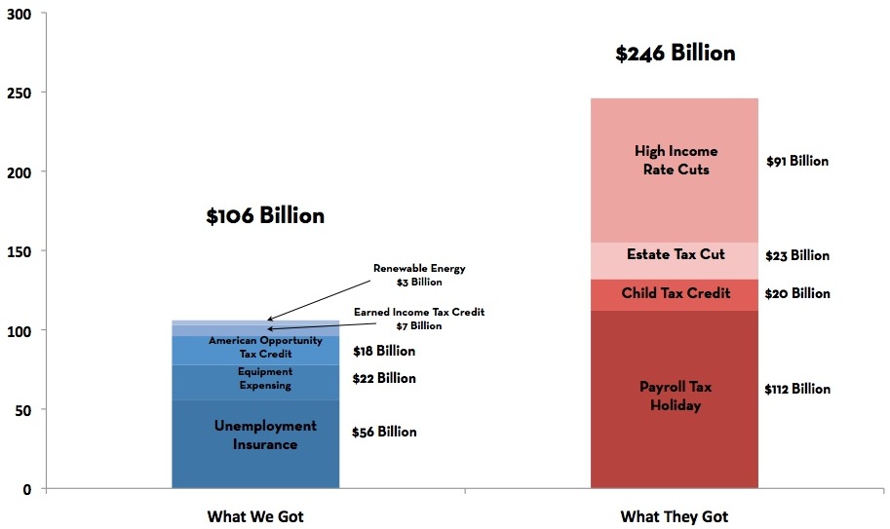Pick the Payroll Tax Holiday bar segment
[675, 396]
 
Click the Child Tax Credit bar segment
[675, 293]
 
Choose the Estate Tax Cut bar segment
[675, 255]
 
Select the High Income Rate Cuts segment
[675, 161]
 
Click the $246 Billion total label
[675, 54]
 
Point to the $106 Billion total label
[265, 216]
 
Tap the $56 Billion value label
[384, 432]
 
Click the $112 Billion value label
[797, 389]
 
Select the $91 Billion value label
[797, 161]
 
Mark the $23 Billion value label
[797, 255]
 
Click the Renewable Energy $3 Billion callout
[419, 275]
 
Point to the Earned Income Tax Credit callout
[419, 319]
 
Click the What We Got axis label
[262, 516]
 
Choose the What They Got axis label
[675, 516]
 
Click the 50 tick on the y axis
[22, 409]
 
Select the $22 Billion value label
[384, 378]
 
